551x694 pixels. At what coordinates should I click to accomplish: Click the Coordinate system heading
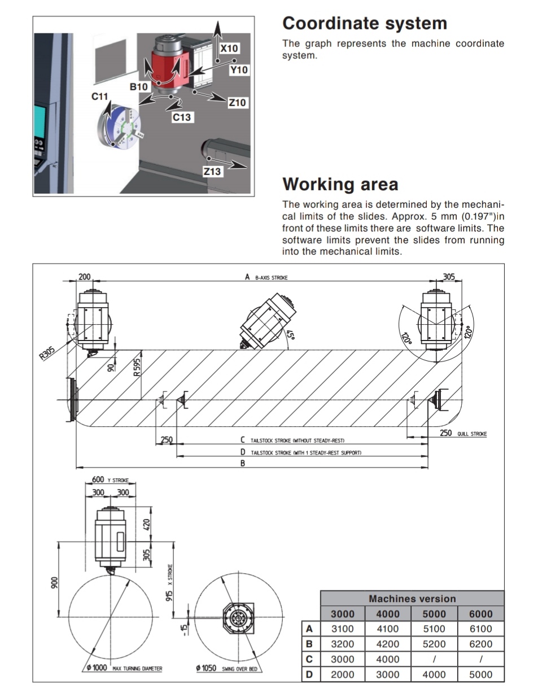click(364, 24)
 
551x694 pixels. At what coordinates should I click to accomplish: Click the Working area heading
click(340, 185)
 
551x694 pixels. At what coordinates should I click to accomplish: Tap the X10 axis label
click(229, 49)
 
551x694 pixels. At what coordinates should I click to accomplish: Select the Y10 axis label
click(239, 70)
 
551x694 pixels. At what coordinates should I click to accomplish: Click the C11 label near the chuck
click(99, 97)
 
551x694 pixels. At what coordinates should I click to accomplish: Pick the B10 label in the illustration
click(138, 87)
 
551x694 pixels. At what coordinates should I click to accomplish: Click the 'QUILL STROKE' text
click(471, 434)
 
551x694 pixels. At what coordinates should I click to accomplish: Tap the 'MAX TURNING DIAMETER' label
click(137, 669)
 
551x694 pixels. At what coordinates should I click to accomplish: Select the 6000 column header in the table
click(480, 614)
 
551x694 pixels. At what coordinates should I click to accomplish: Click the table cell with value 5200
click(434, 644)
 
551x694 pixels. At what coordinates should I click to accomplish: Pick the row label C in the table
click(309, 659)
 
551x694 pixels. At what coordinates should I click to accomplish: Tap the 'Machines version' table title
click(412, 599)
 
